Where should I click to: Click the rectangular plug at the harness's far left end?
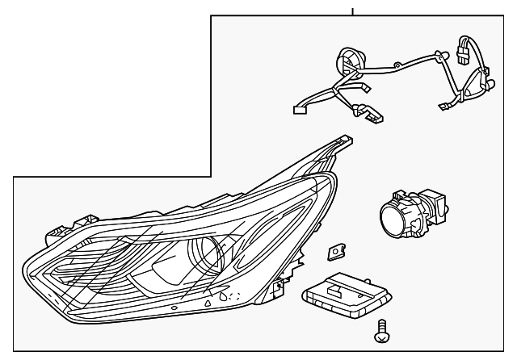[x=296, y=110]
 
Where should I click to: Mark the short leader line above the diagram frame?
[x=353, y=10]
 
